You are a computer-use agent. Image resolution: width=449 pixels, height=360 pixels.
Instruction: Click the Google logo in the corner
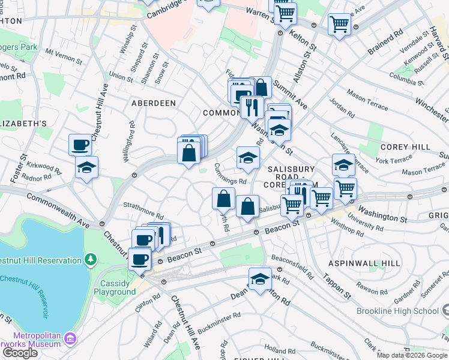19,352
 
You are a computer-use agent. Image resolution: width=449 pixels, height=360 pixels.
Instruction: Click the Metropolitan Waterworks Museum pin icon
70,338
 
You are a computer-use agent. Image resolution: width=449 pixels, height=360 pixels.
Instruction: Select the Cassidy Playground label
115,287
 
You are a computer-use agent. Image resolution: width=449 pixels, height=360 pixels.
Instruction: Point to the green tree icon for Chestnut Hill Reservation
90,260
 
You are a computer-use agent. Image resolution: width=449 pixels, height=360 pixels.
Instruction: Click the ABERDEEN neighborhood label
154,103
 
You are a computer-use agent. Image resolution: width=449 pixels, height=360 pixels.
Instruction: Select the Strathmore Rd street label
143,211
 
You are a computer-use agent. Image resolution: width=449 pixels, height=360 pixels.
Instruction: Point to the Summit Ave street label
290,96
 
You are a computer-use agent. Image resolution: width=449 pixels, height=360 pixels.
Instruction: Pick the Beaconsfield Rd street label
292,267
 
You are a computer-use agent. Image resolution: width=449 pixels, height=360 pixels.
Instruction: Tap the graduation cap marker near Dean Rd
260,279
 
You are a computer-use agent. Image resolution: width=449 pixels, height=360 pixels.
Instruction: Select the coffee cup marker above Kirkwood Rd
80,145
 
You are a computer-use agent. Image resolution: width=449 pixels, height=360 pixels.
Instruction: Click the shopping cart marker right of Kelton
340,25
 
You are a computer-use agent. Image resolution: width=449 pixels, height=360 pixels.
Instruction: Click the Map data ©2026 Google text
412,355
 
